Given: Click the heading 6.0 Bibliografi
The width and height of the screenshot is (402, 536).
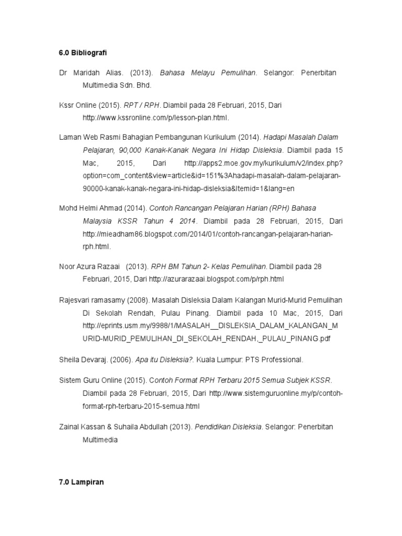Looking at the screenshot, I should [x=82, y=53].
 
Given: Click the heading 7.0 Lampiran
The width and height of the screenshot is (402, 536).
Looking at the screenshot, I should [x=81, y=482].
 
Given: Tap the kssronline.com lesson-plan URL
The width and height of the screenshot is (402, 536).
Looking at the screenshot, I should [x=155, y=117].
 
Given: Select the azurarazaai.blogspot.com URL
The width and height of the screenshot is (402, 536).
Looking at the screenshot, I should [x=216, y=279].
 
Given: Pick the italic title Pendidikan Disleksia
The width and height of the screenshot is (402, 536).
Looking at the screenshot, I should [x=228, y=427].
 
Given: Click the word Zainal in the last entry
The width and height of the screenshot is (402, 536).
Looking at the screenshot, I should [x=70, y=427].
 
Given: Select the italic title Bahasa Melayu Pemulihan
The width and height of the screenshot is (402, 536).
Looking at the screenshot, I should [x=208, y=73].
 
